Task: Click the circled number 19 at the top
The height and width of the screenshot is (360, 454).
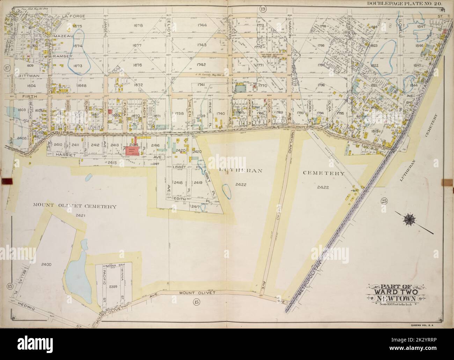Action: pyautogui.click(x=262, y=8)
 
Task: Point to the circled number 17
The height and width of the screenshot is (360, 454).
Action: pyautogui.click(x=6, y=67)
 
